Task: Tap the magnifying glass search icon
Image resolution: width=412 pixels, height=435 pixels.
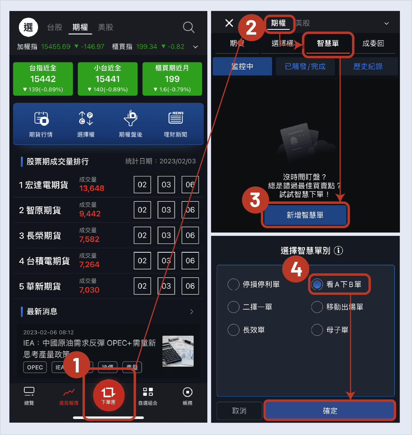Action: (x=189, y=27)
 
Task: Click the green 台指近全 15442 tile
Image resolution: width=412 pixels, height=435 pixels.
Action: (x=43, y=79)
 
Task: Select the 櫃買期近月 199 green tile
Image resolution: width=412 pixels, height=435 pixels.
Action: (x=172, y=79)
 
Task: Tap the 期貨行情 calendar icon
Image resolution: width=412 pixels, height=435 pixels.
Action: (x=41, y=119)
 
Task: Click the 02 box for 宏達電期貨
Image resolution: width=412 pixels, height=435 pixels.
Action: (x=142, y=185)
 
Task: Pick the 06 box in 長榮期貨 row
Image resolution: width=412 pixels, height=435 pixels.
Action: (x=190, y=235)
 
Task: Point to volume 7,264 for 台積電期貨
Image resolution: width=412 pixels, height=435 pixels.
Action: (x=89, y=264)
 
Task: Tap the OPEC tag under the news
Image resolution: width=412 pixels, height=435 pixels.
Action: (x=35, y=367)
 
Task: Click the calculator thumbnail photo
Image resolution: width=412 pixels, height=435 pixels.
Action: (x=178, y=351)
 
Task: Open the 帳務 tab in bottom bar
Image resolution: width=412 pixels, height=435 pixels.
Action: (x=187, y=396)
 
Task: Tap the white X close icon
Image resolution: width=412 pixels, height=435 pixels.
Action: (x=229, y=23)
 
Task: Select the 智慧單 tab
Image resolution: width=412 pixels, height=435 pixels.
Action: (x=328, y=44)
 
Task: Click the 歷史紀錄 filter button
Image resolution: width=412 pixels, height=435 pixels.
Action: (x=368, y=66)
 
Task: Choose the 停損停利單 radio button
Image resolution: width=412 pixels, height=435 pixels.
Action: (x=233, y=284)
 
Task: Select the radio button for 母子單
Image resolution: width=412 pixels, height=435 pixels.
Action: (x=317, y=330)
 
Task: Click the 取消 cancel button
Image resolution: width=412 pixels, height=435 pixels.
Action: (x=239, y=411)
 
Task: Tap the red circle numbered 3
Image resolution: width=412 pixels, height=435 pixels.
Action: (x=255, y=200)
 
